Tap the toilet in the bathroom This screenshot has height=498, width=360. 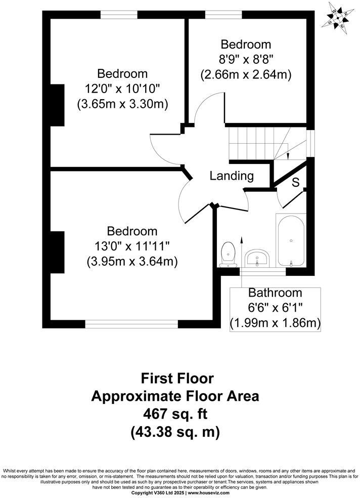coord(229,253)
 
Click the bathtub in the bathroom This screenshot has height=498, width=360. coord(290,241)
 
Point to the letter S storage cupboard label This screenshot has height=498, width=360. coord(296,182)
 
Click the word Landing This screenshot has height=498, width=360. coord(232,176)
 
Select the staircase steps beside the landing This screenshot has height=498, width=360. coord(251,142)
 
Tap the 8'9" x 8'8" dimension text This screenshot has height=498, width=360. coord(246,59)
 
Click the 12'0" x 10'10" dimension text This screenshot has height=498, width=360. coord(122,89)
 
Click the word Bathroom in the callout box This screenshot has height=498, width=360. coord(275,293)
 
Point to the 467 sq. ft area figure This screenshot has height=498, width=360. coord(175,414)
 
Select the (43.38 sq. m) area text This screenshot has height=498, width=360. coord(175,433)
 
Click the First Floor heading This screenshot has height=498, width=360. coord(177,378)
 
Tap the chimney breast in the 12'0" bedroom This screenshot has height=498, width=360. coord(56,105)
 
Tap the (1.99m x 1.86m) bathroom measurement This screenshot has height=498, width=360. coord(276,322)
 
